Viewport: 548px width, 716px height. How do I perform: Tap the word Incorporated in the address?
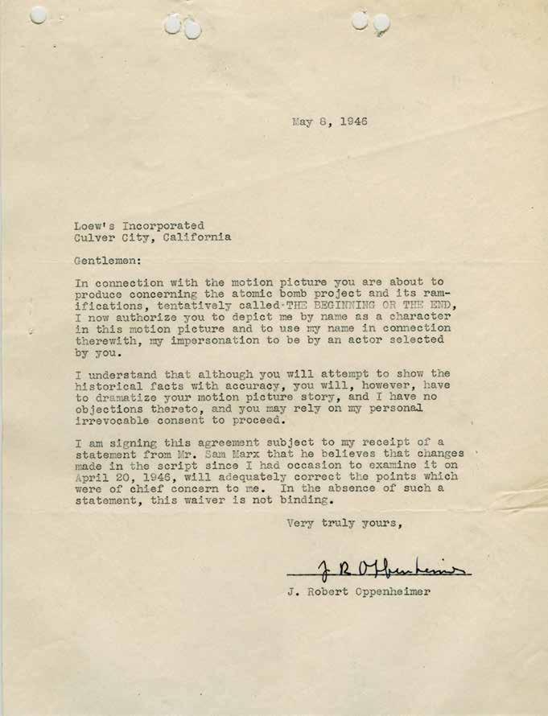click(x=166, y=225)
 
